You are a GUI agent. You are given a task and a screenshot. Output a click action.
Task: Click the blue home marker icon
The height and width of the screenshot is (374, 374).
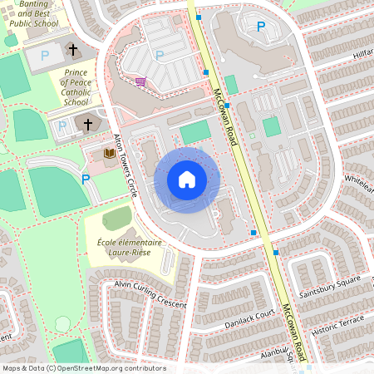coord(186,179)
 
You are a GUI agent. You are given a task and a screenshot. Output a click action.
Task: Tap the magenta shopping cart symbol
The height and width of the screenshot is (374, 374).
coord(140,81)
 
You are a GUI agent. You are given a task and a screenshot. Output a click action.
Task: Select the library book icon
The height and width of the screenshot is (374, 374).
coord(109,153)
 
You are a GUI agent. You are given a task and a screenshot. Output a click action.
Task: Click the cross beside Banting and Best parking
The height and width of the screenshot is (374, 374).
coord(73,51)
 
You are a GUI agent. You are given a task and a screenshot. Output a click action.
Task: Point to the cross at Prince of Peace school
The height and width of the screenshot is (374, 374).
coord(88,125)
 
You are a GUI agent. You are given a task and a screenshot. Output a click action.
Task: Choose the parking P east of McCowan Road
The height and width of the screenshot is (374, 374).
coord(261,27)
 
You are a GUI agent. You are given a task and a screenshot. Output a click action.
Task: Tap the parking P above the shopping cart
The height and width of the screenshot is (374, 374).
coord(160,55)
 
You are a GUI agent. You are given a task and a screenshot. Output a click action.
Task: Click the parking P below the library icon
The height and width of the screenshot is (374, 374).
coord(85,178)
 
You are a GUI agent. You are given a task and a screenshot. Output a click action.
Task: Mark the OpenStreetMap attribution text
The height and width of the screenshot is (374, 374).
coord(84,368)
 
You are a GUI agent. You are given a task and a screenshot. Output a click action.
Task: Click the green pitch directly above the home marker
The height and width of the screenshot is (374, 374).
coord(196,130)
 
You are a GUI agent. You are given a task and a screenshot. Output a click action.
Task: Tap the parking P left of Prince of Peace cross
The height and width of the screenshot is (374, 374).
coord(62,126)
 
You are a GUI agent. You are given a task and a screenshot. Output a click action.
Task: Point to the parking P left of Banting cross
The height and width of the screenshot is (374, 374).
coord(46,55)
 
